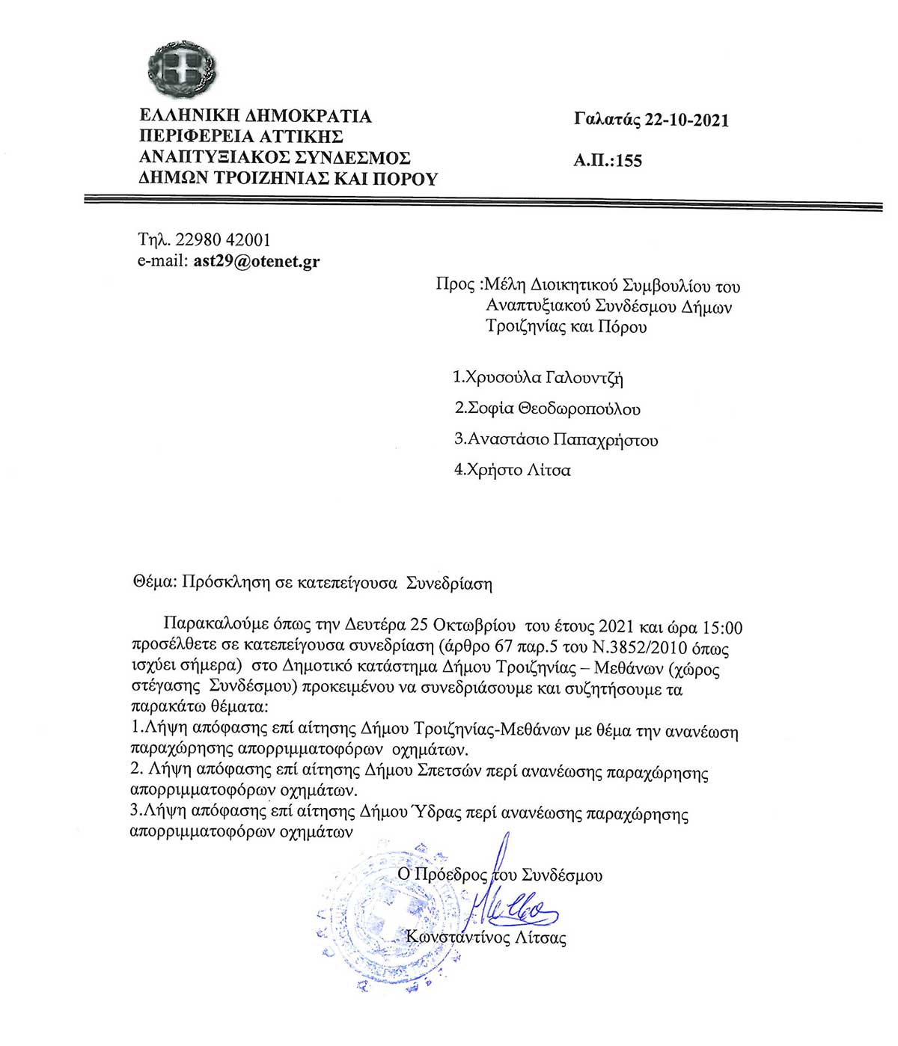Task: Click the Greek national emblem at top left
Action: tap(181, 70)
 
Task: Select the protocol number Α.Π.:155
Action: tap(608, 160)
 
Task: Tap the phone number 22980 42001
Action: tap(223, 240)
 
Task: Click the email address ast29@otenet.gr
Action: tap(256, 262)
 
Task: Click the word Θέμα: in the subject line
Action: tap(155, 583)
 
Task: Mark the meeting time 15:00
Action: tap(722, 627)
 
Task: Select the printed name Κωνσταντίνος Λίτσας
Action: tap(486, 938)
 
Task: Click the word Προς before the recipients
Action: tap(455, 285)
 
